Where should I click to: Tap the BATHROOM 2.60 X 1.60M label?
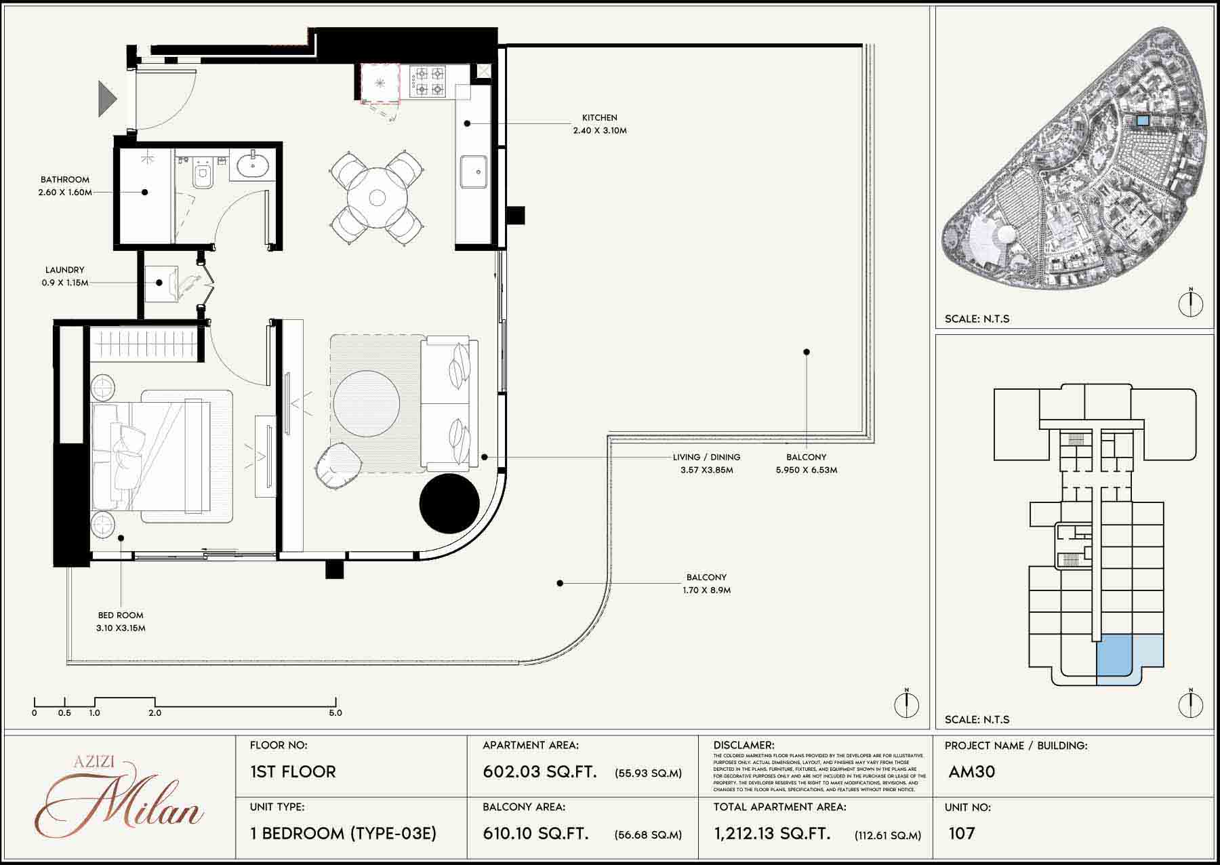[x=65, y=186]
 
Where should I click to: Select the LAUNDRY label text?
[x=64, y=276]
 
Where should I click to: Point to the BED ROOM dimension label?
[x=121, y=622]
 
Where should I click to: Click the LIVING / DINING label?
[x=706, y=463]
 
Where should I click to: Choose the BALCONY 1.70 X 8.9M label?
[x=706, y=584]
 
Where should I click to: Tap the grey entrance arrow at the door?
[x=107, y=98]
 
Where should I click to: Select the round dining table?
[x=377, y=197]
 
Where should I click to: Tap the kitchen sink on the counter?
[x=473, y=170]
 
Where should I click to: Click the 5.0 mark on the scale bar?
[x=335, y=712]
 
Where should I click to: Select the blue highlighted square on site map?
[x=1142, y=121]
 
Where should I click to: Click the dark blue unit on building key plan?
[x=1114, y=656]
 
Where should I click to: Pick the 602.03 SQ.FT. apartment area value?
[x=540, y=772]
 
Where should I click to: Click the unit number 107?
[x=962, y=833]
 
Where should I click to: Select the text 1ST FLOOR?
[x=293, y=772]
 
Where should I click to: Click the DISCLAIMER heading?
[x=744, y=745]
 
